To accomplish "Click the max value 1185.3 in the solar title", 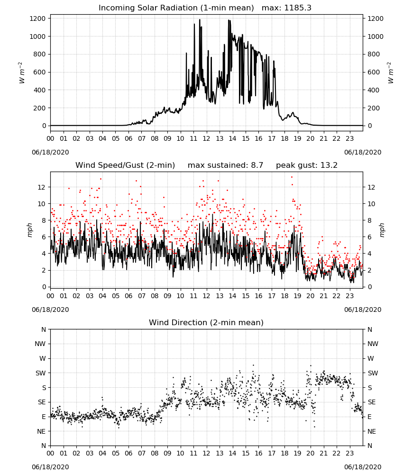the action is [x=297, y=8].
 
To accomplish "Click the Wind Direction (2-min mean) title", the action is [x=206, y=323].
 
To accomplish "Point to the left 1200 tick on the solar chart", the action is [x=37, y=19].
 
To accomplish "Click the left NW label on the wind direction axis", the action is [x=40, y=344].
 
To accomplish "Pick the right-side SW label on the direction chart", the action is [x=373, y=374].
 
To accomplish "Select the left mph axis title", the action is [x=29, y=230].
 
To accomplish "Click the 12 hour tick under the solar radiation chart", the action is [x=206, y=139].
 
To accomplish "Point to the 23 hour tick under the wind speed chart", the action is [x=349, y=296].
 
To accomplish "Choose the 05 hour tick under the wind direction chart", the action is [x=116, y=454].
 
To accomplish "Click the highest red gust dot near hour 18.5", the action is [x=292, y=177].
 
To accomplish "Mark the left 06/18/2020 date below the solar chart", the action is [x=50, y=152].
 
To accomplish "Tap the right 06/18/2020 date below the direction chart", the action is [x=363, y=467].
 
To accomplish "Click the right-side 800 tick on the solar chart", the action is [x=374, y=55].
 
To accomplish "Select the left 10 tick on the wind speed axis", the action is [x=42, y=204].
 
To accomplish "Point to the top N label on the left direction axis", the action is [x=44, y=329].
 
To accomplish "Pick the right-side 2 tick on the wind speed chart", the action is [x=369, y=271].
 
